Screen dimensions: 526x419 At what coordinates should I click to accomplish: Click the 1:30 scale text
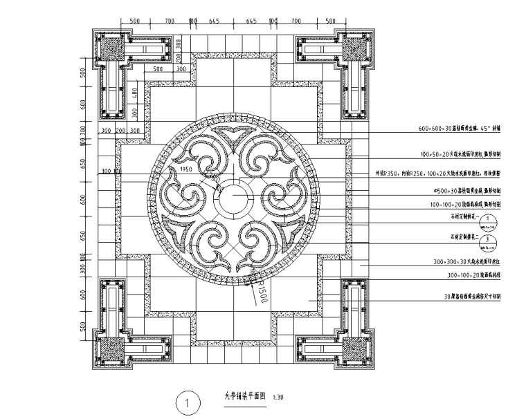click(279, 398)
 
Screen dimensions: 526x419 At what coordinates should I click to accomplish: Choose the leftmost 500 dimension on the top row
click(134, 21)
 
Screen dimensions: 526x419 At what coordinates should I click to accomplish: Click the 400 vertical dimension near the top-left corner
click(136, 93)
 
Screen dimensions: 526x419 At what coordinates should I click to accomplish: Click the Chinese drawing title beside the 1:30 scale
click(242, 397)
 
